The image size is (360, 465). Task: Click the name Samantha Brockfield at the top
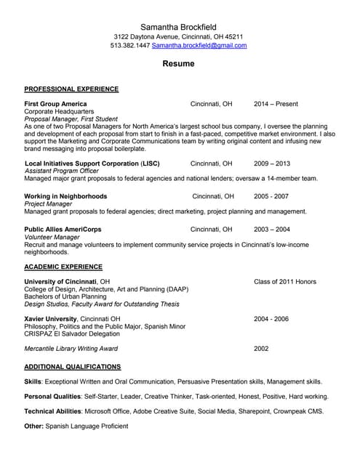(x=178, y=26)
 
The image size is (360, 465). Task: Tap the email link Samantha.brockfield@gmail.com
(x=199, y=45)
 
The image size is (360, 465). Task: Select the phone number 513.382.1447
(x=130, y=45)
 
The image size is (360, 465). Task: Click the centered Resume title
(x=178, y=64)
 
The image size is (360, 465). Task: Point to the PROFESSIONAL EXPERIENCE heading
(x=71, y=89)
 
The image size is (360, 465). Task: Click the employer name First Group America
(x=55, y=104)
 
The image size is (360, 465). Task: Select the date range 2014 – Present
(x=276, y=104)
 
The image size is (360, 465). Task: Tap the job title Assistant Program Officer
(x=60, y=171)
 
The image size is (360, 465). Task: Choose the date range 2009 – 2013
(x=271, y=163)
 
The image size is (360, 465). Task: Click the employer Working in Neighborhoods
(x=65, y=196)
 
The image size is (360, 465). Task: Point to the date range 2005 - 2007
(x=271, y=196)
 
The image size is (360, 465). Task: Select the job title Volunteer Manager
(x=52, y=237)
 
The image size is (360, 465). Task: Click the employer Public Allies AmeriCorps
(x=63, y=229)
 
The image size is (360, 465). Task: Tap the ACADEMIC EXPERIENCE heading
(x=63, y=267)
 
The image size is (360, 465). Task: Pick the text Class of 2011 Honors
(x=284, y=281)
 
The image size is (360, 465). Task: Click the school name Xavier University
(x=50, y=319)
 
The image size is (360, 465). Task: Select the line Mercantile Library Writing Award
(x=77, y=348)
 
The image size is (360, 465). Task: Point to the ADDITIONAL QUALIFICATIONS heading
(x=73, y=367)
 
